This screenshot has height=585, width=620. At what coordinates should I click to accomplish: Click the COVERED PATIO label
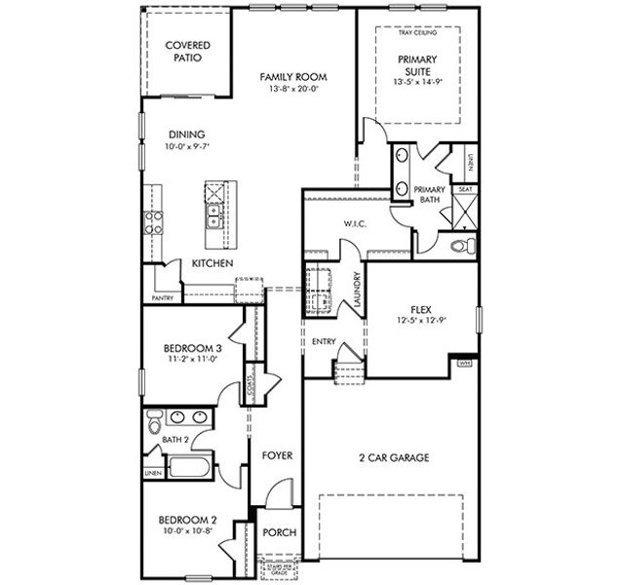coord(188,52)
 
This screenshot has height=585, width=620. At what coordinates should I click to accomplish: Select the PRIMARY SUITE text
coord(417,65)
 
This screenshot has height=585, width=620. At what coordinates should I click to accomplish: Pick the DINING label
coord(187,135)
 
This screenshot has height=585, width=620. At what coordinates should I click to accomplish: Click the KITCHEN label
coord(212,263)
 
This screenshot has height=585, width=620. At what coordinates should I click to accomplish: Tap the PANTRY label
coord(162,297)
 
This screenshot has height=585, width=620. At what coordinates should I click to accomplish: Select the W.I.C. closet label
coord(354,224)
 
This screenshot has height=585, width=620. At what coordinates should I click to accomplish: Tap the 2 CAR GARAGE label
coord(394,457)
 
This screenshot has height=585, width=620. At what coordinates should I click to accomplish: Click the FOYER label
coord(277,455)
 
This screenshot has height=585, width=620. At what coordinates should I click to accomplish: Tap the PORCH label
coord(280,532)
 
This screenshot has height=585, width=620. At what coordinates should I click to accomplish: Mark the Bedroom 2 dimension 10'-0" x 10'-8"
coord(186,532)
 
